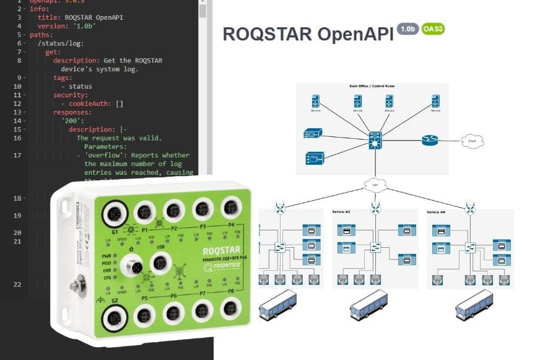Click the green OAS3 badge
pyautogui.click(x=432, y=29)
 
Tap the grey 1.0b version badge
pyautogui.click(x=407, y=29)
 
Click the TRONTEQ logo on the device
pyautogui.click(x=219, y=268)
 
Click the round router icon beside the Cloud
pyautogui.click(x=430, y=141)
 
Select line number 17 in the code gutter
pyautogui.click(x=17, y=155)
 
